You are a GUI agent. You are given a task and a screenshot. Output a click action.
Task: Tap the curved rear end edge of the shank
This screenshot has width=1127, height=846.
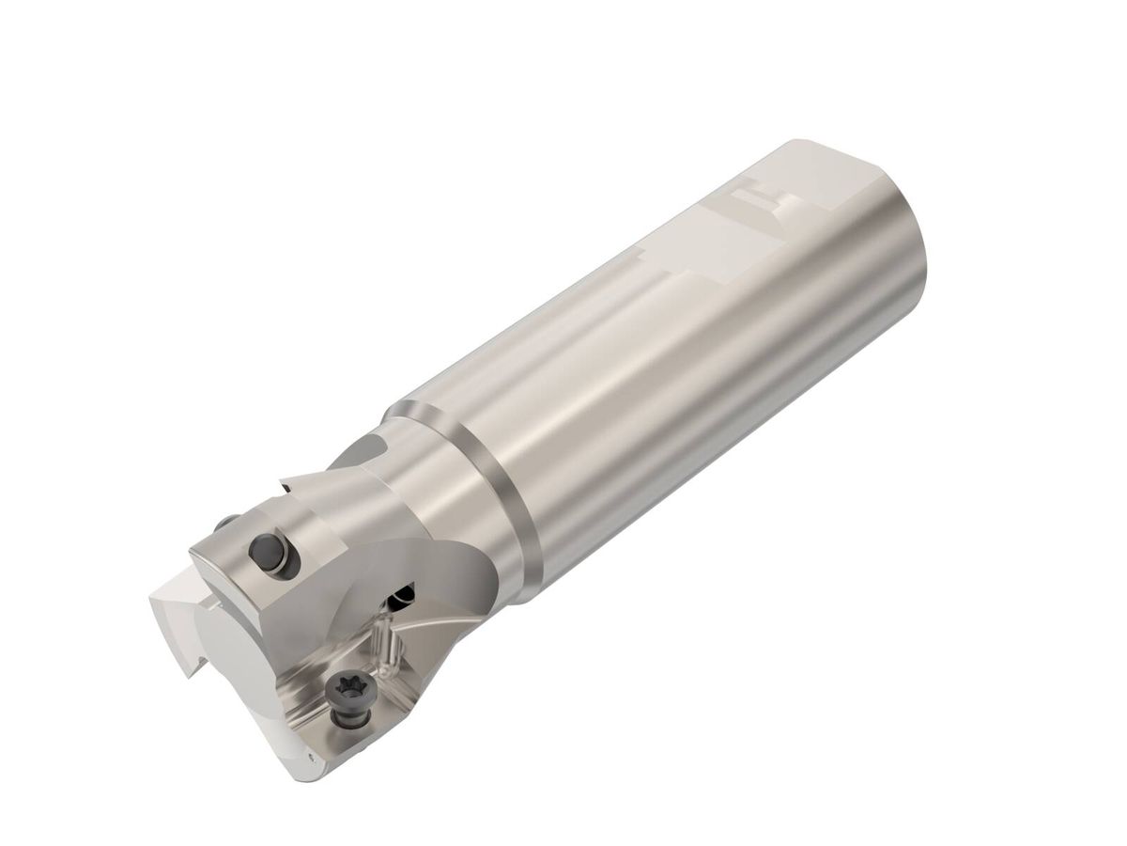tap(916, 235)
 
